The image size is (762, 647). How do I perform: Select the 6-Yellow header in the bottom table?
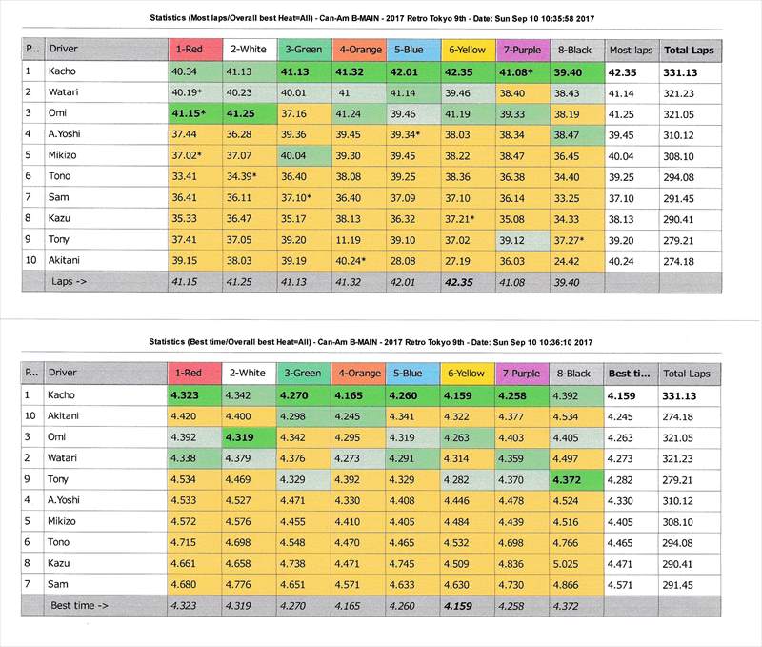[x=469, y=374]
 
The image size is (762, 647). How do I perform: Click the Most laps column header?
[x=632, y=49]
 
